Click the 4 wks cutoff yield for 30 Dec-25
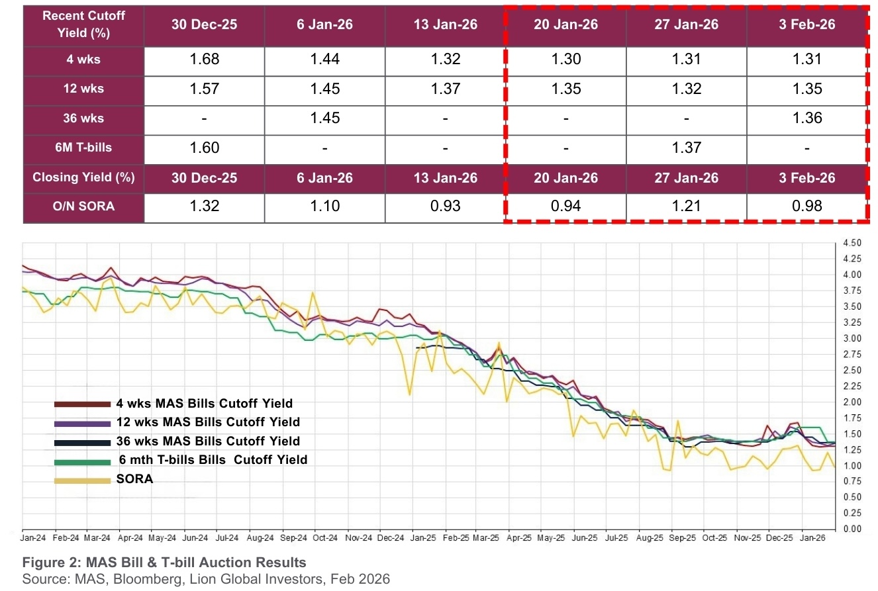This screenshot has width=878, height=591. click(205, 60)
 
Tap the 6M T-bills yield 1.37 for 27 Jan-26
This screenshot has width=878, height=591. click(686, 148)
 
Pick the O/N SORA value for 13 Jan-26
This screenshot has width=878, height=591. click(445, 206)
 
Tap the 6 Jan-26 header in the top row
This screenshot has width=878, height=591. click(324, 24)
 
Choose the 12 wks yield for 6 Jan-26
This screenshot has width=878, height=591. click(324, 89)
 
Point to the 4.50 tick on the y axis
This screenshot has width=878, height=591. click(852, 242)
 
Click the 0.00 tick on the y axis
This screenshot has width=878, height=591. click(852, 529)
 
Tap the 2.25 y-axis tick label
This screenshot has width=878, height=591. click(852, 386)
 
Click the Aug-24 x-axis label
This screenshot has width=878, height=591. click(260, 538)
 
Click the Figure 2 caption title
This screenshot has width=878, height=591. click(164, 563)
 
